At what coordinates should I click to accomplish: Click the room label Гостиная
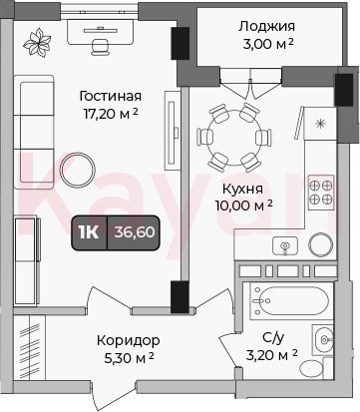[111, 96]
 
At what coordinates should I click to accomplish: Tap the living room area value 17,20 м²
[111, 114]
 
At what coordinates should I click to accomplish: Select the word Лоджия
[266, 27]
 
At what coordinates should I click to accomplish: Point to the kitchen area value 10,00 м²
[244, 206]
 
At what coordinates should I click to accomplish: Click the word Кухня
[242, 189]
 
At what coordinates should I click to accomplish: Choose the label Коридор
[129, 340]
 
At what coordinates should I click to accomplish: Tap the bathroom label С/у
[273, 338]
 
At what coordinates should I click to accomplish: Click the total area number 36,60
[135, 232]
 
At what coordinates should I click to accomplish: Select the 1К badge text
[89, 232]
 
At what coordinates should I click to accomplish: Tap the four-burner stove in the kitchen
[321, 193]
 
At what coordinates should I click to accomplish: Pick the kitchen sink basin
[285, 246]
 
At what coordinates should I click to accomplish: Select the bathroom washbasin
[323, 340]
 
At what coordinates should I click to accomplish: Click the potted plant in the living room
[38, 43]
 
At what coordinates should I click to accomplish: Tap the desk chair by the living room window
[100, 47]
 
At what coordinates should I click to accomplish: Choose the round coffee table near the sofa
[78, 170]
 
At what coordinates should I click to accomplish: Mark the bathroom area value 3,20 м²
[271, 355]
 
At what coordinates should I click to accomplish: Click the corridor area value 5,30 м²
[129, 358]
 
